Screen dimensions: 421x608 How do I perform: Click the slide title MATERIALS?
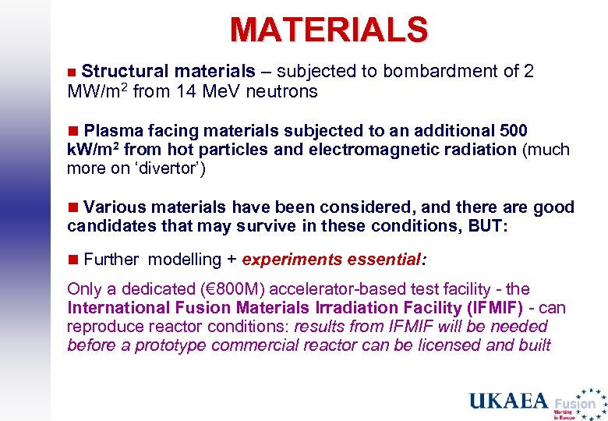(x=328, y=30)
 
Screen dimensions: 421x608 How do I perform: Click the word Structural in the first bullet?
(x=125, y=72)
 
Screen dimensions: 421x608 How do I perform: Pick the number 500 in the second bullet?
(x=511, y=129)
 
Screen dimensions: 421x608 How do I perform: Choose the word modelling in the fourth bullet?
(x=185, y=260)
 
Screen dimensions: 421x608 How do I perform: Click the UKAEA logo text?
(x=508, y=401)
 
